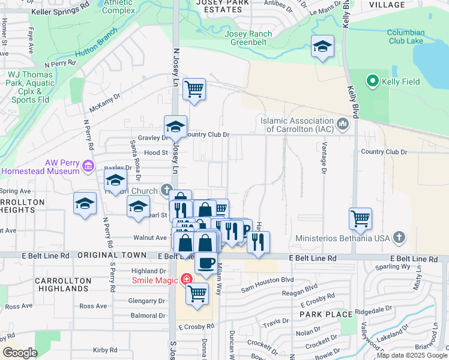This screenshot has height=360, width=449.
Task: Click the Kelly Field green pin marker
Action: (372, 80)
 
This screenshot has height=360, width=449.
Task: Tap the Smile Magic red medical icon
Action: (186, 280)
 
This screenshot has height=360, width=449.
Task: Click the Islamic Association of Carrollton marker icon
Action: (343, 124)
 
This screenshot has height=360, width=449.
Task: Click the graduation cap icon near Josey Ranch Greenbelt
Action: (322, 46)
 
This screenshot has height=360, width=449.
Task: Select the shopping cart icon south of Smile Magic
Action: (197, 294)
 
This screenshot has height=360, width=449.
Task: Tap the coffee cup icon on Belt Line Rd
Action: (206, 263)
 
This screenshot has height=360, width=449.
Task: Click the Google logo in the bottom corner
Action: (20, 352)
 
